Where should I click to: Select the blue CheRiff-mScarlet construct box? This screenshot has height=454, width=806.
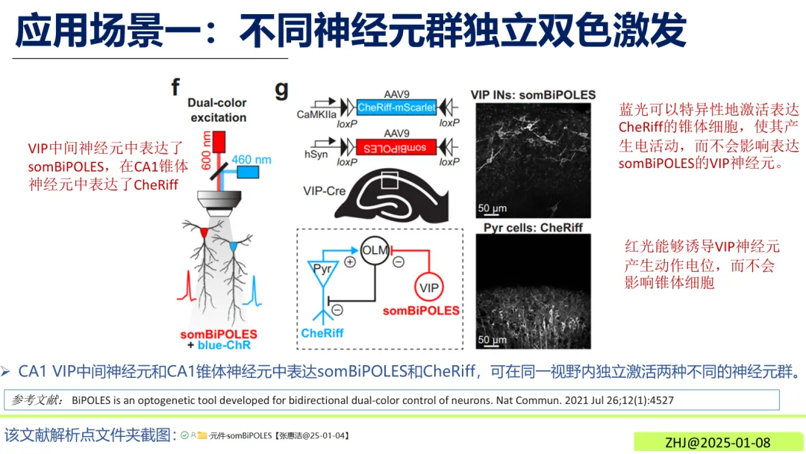[x=396, y=107]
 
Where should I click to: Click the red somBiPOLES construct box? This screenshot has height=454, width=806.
[x=396, y=146]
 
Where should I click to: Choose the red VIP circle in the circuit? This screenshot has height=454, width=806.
[x=428, y=287]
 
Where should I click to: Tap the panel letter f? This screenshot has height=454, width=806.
[x=176, y=88]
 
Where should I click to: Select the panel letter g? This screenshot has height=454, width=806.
[x=282, y=90]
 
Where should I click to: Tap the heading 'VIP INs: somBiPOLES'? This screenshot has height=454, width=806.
[x=533, y=95]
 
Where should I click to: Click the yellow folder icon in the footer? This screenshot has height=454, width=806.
[x=201, y=435]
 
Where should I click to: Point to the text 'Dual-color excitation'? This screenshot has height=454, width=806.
[x=218, y=110]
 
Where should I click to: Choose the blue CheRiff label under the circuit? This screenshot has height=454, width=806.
[x=322, y=333]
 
